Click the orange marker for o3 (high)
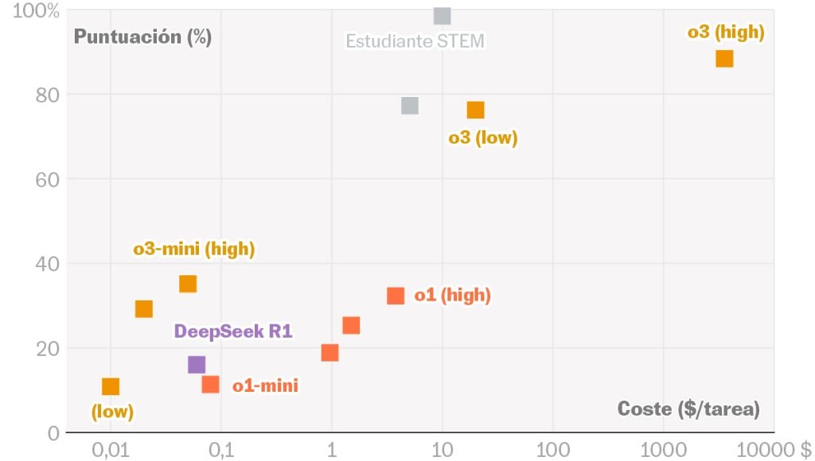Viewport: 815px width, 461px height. coord(724,59)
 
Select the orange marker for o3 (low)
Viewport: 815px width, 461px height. coord(476,110)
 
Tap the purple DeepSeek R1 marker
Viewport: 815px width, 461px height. coord(197,365)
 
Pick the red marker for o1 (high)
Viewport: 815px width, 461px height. coord(396,296)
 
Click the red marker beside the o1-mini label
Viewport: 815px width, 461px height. coord(210,385)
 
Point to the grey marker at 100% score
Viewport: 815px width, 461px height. coord(443,16)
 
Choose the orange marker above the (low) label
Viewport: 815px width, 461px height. coord(111,387)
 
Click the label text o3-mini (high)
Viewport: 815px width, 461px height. coord(193,249)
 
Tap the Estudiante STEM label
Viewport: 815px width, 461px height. coord(415,41)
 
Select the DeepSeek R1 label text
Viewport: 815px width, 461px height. coord(233,331)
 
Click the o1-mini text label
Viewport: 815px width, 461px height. coord(265,386)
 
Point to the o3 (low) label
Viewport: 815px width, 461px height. coord(483,138)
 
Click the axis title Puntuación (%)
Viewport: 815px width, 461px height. coord(142,37)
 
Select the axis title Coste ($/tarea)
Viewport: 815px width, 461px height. coord(688,409)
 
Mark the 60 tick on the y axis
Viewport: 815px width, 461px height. coord(48,180)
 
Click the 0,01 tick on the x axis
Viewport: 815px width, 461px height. coord(111,450)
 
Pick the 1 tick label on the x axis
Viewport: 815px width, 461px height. coord(331,450)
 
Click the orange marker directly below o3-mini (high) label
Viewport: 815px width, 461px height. coord(188,285)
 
